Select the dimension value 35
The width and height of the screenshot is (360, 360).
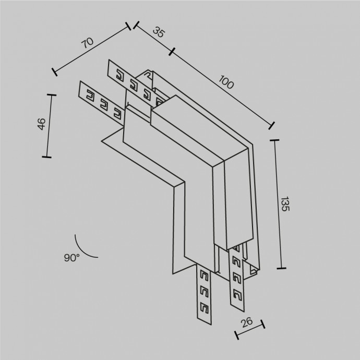[x=159, y=32]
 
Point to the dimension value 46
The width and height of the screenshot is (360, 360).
[x=42, y=125]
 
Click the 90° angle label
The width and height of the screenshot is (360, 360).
[x=71, y=257]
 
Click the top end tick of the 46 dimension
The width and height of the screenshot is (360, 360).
[x=51, y=94]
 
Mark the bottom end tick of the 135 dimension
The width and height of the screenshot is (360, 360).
[x=282, y=268]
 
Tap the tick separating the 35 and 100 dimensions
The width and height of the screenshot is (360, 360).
[x=172, y=51]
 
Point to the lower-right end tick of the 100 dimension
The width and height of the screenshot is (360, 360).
[x=271, y=125]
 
